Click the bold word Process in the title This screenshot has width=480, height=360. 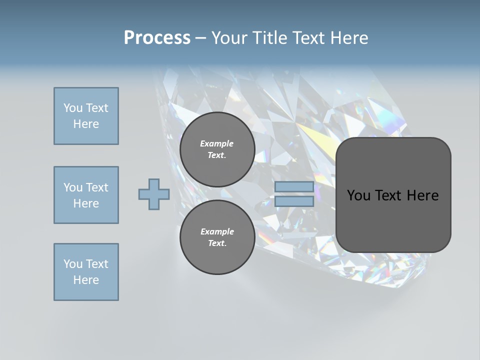click(x=157, y=38)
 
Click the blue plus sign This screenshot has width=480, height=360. click(x=154, y=194)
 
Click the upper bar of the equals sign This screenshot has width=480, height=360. click(x=294, y=187)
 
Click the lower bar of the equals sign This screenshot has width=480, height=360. click(x=294, y=201)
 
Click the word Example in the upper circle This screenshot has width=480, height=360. click(x=217, y=143)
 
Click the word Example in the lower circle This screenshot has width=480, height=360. click(x=217, y=231)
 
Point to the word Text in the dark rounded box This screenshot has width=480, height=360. click(x=391, y=195)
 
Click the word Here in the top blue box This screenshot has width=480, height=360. click(x=86, y=124)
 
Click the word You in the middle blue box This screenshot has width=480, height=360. click(x=73, y=187)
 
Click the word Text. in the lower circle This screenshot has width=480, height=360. click(x=217, y=243)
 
